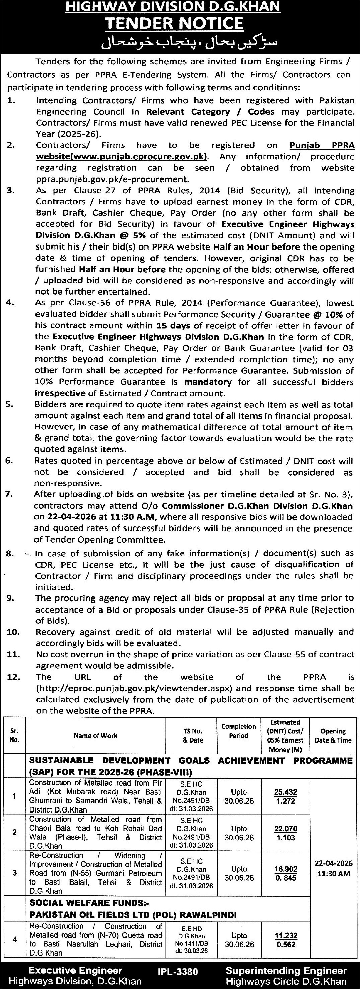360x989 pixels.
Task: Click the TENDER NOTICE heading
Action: (x=174, y=24)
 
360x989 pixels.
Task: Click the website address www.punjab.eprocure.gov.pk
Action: (x=121, y=157)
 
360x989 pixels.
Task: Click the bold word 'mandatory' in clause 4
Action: (x=208, y=382)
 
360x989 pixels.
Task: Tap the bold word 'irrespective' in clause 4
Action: (x=60, y=394)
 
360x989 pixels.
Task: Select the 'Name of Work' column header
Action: (x=95, y=735)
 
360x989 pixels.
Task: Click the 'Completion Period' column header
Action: (x=238, y=731)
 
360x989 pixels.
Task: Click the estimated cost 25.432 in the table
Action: (x=286, y=792)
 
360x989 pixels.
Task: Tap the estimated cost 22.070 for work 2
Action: (x=286, y=829)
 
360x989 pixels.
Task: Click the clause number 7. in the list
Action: (x=10, y=494)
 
